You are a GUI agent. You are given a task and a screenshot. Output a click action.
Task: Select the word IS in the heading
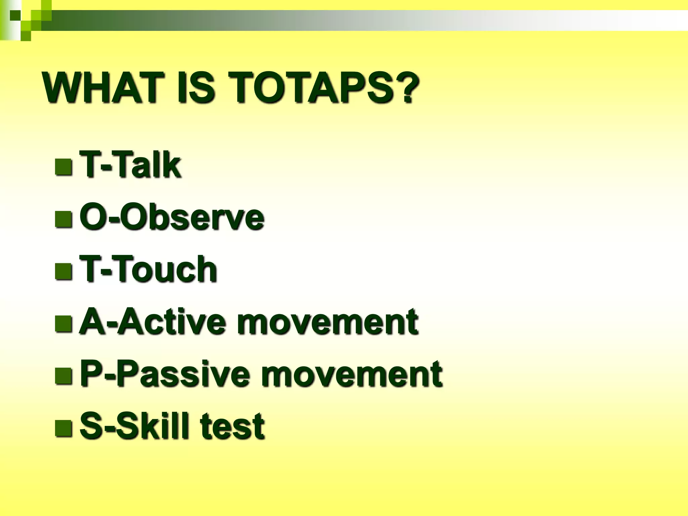196,88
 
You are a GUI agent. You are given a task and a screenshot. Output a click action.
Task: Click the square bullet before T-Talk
63,167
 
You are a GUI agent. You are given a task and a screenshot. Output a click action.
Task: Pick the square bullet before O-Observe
63,219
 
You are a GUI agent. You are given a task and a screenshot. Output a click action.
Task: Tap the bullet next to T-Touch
63,271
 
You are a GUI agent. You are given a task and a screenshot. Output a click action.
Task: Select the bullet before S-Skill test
63,428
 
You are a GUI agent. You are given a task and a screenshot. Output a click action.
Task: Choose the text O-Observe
172,218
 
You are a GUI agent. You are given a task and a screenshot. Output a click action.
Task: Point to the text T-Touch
148,270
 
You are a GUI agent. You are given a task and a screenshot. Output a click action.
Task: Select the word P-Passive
165,374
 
